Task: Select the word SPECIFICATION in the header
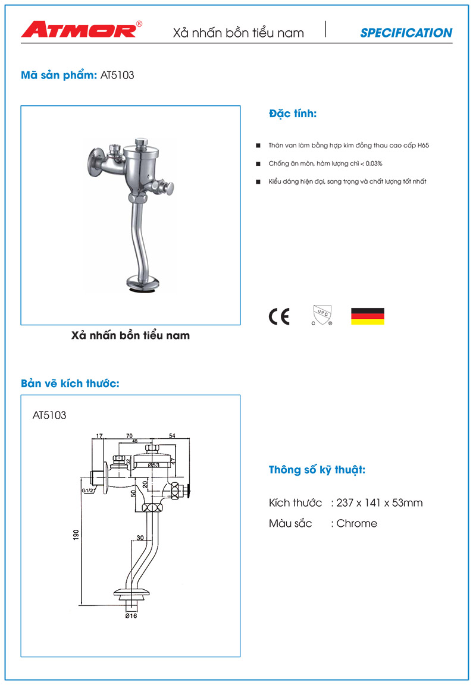pos(406,33)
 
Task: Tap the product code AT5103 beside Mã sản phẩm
pos(118,76)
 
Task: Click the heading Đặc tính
pos(293,114)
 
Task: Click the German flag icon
pos(367,316)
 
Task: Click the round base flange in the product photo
pos(144,284)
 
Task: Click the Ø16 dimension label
pos(130,616)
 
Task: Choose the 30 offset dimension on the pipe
pos(140,538)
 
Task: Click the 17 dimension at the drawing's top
pos(99,436)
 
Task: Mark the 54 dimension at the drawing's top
pos(172,436)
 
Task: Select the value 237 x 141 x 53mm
pos(379,503)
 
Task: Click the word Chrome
pos(356,523)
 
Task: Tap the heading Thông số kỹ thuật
pos(317,470)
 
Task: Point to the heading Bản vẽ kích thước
pos(70,383)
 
